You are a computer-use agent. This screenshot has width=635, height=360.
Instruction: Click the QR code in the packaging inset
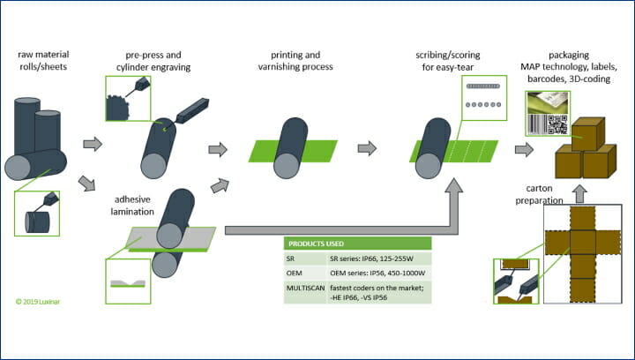[557, 124]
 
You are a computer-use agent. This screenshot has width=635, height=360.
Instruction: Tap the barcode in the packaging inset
[537, 124]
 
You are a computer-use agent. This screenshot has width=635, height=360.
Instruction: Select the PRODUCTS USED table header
[357, 244]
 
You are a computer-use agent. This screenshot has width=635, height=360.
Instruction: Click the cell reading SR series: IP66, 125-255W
[377, 259]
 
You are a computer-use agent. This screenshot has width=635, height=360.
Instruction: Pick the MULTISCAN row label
[306, 288]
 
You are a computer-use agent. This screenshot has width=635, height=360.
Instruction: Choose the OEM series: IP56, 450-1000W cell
[377, 274]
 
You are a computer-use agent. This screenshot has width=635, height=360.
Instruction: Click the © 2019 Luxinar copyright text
[38, 302]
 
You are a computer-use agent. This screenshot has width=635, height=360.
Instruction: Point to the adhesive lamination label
[132, 206]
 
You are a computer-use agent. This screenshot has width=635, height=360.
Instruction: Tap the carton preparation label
[539, 194]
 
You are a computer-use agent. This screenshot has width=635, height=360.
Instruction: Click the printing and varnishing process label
[295, 61]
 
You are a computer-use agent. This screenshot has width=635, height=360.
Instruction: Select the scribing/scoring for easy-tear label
[447, 61]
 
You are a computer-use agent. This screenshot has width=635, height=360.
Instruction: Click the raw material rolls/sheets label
[43, 60]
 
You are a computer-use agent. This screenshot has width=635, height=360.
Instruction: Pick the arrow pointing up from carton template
[580, 193]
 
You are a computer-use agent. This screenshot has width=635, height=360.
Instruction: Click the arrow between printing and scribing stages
[367, 148]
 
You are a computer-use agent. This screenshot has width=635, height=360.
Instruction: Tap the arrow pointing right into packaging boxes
[525, 149]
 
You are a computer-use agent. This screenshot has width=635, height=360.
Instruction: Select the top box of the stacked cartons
[588, 133]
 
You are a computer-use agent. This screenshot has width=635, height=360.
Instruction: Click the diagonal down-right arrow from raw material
[86, 183]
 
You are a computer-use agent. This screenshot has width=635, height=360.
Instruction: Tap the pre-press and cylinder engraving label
[153, 61]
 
